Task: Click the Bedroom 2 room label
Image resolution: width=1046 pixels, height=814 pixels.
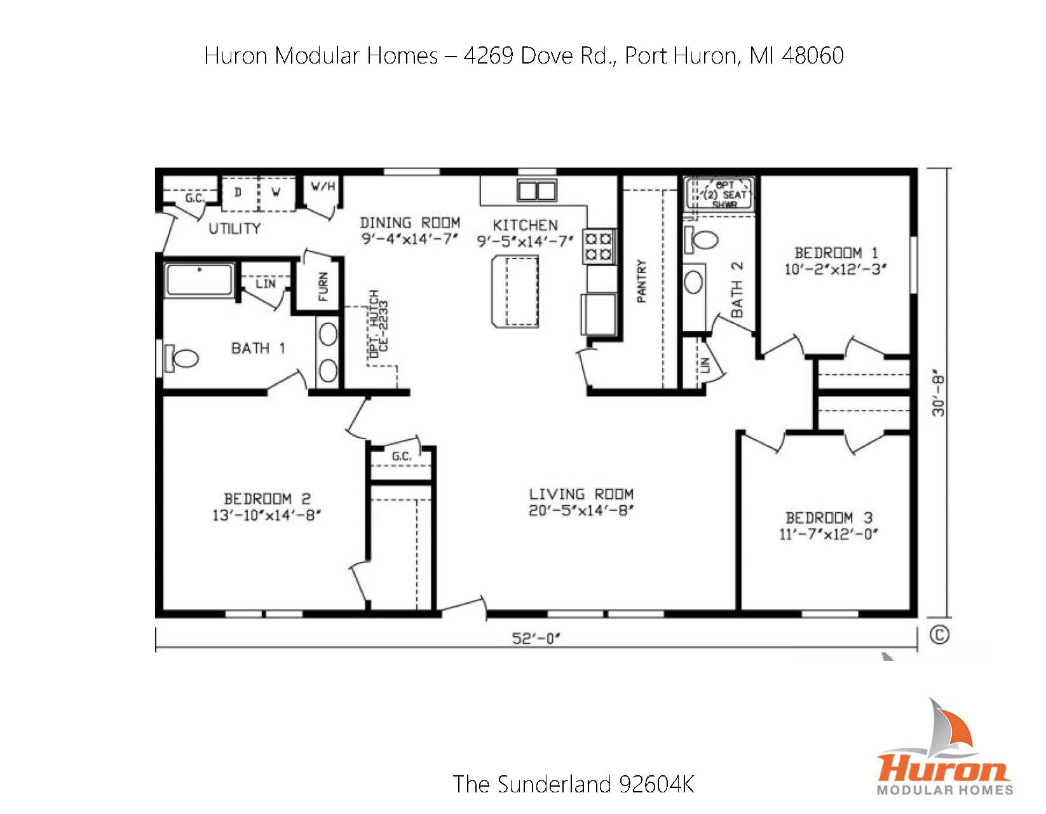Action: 267,499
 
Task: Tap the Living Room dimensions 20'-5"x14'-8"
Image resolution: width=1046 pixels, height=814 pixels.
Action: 581,510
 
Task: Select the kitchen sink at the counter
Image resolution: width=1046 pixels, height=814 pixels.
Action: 537,190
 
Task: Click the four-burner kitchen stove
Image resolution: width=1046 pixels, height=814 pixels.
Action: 599,247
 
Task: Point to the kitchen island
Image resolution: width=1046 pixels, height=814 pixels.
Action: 515,290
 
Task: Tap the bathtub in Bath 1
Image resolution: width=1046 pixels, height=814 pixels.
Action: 199,280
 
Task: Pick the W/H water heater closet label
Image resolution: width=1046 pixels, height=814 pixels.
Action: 323,187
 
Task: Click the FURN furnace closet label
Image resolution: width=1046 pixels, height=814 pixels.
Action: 323,287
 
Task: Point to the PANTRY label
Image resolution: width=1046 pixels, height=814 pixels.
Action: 642,281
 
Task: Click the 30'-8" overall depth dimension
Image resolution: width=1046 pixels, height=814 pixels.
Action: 939,396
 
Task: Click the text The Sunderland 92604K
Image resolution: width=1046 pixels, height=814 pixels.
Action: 573,784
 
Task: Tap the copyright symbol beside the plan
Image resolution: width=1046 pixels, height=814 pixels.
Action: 939,635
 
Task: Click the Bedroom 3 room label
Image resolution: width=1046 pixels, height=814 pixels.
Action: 829,518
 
